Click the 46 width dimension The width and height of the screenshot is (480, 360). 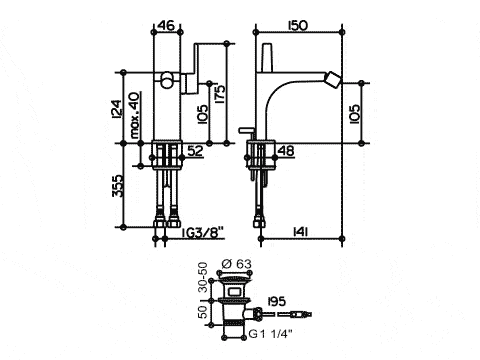[166, 25]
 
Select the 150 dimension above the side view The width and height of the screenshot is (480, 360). [298, 25]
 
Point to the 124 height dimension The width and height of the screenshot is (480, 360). [117, 109]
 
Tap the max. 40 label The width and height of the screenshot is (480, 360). [135, 115]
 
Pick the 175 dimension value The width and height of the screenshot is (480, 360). [220, 94]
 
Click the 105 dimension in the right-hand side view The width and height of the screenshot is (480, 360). [355, 114]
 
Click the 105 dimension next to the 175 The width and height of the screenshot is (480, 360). [203, 114]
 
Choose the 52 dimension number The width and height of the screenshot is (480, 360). [195, 151]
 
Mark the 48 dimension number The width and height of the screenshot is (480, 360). [286, 151]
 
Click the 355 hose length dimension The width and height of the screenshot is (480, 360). [117, 186]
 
